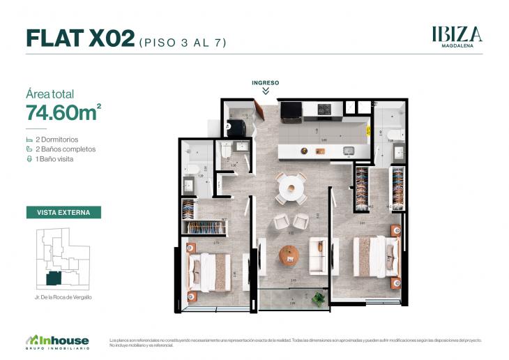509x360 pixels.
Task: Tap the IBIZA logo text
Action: click(x=457, y=34)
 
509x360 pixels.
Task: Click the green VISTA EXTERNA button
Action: click(x=63, y=212)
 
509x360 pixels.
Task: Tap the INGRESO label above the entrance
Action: click(x=266, y=83)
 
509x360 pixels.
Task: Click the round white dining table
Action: click(x=289, y=187)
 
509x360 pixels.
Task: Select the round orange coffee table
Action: click(x=289, y=255)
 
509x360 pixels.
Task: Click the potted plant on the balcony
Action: click(x=319, y=298)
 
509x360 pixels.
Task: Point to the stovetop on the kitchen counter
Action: click(x=324, y=110)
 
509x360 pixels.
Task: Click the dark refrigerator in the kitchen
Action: click(x=289, y=110)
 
